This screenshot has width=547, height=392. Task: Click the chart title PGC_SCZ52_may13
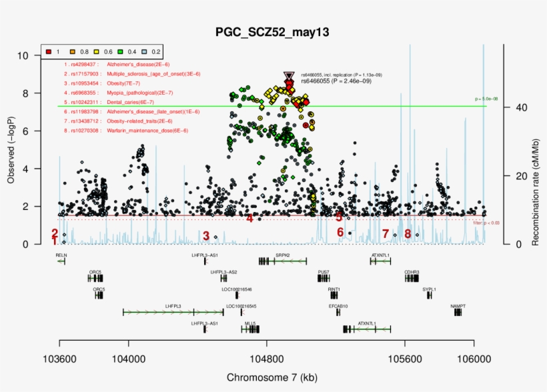(x=272, y=32)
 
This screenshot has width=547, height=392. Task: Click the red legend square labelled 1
(x=49, y=51)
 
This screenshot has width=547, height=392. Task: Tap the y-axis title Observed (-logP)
(x=11, y=147)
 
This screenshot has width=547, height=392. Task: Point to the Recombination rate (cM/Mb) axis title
(x=535, y=147)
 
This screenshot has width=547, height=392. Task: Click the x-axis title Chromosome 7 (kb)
(x=272, y=377)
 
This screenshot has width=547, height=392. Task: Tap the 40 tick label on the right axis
(x=518, y=107)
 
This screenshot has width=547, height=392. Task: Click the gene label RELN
(x=61, y=255)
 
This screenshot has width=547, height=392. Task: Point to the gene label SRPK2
(x=282, y=255)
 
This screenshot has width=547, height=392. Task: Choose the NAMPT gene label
(x=458, y=306)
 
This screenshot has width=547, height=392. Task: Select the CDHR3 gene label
(x=412, y=273)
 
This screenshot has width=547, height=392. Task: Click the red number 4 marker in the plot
(x=249, y=218)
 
